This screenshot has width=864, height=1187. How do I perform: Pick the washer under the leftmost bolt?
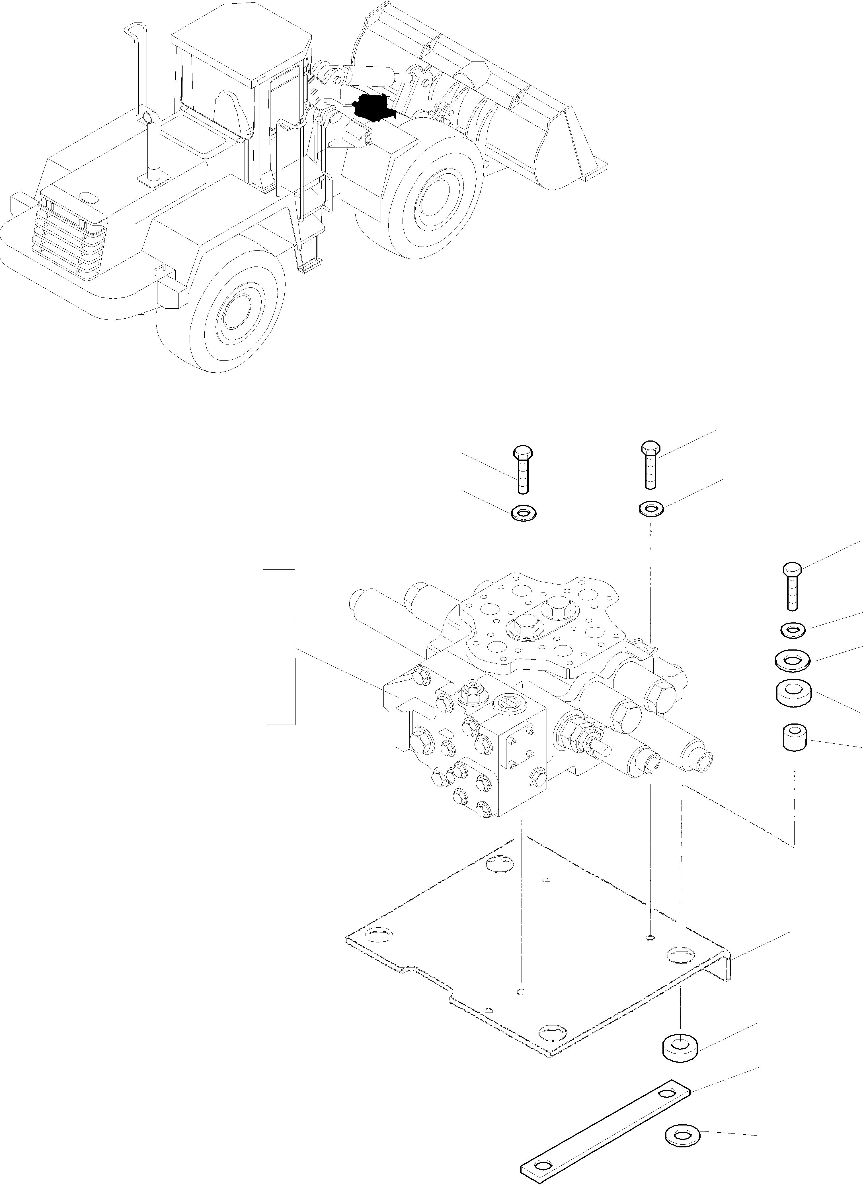pos(524,512)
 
